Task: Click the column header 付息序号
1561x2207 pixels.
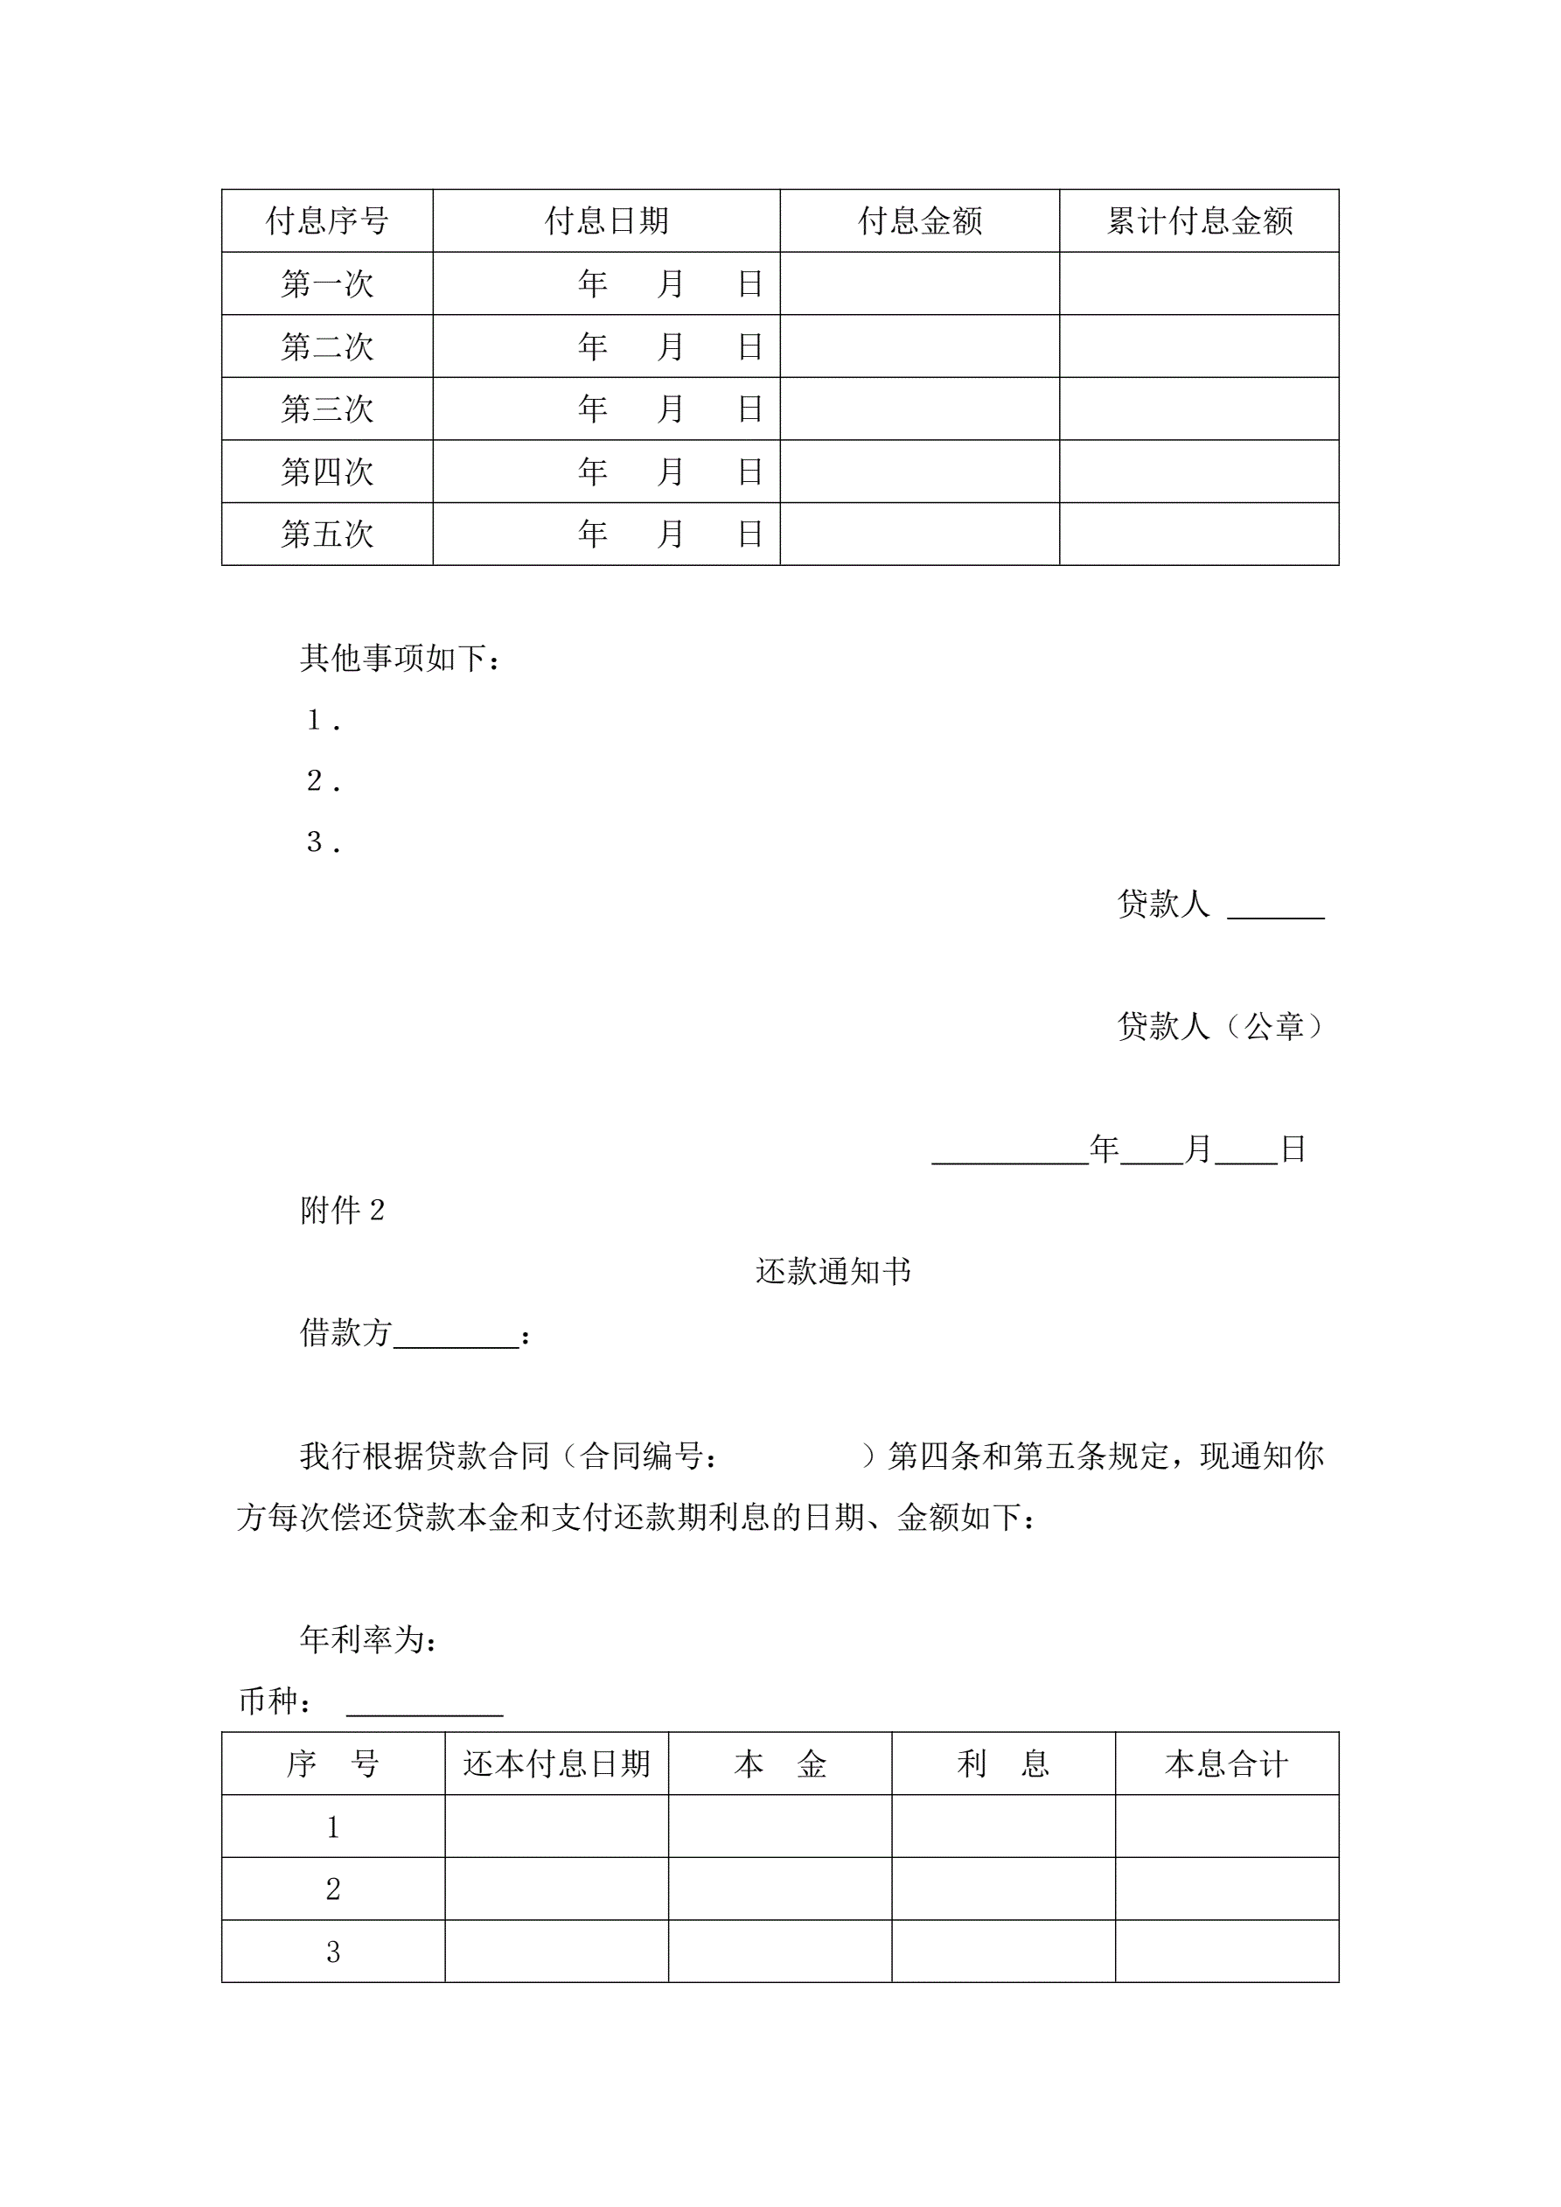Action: click(327, 221)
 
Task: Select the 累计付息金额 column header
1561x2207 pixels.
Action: click(1199, 221)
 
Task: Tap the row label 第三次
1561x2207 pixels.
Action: click(327, 409)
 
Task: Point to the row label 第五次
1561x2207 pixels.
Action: click(327, 534)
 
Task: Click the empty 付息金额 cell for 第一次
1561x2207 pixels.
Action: click(919, 283)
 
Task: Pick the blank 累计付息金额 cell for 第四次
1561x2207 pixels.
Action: click(1199, 471)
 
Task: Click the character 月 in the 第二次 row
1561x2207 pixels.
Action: click(670, 346)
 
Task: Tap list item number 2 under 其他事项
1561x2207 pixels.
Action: click(323, 780)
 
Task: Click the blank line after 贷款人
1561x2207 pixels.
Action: click(1276, 908)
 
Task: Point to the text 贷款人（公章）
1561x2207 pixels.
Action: click(1221, 1027)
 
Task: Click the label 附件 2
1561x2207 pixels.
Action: click(342, 1210)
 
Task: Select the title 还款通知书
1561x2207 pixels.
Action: click(833, 1272)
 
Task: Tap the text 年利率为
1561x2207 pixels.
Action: click(369, 1640)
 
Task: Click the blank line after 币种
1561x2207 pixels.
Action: click(424, 1706)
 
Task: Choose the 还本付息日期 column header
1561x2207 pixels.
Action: click(556, 1764)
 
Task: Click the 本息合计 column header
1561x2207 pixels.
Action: click(1226, 1764)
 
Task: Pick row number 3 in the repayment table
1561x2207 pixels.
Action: click(332, 1952)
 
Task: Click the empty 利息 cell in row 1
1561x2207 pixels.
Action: click(1002, 1826)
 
